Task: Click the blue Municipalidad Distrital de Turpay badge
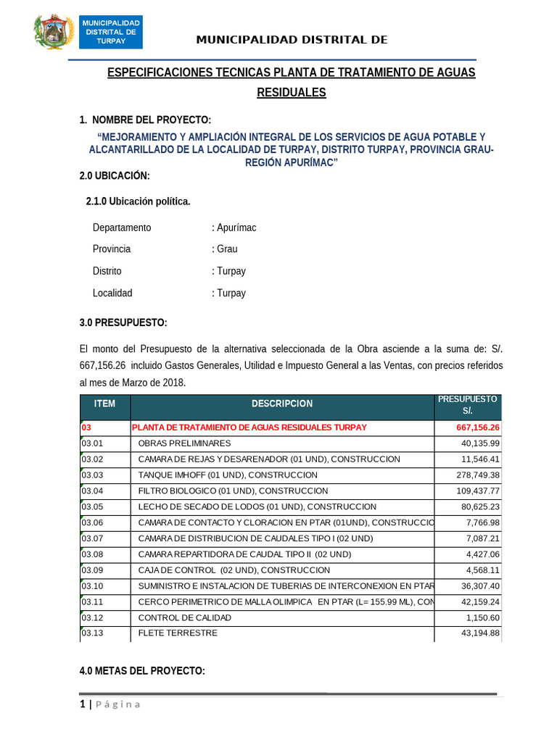pyautogui.click(x=111, y=33)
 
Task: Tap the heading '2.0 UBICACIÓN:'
pyautogui.click(x=115, y=176)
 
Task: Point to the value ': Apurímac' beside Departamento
pyautogui.click(x=234, y=228)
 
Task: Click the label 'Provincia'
pyautogui.click(x=112, y=249)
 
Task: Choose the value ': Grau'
pyautogui.click(x=225, y=249)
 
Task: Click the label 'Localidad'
pyautogui.click(x=112, y=293)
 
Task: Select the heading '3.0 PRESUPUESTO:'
pyautogui.click(x=123, y=322)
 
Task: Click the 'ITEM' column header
pyautogui.click(x=104, y=404)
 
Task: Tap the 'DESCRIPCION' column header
pyautogui.click(x=282, y=404)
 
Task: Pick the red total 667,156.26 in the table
pyautogui.click(x=478, y=428)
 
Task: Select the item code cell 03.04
pyautogui.click(x=93, y=491)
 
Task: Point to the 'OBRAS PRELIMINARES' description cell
pyautogui.click(x=184, y=443)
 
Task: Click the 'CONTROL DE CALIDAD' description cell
pyautogui.click(x=184, y=618)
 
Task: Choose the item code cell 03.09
pyautogui.click(x=93, y=570)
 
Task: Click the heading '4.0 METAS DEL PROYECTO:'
pyautogui.click(x=142, y=672)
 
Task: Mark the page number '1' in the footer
pyautogui.click(x=83, y=705)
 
